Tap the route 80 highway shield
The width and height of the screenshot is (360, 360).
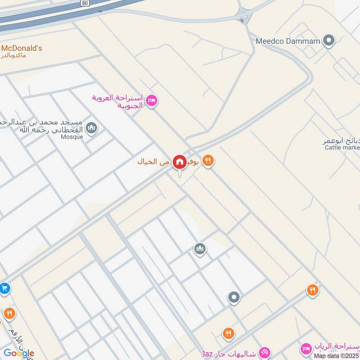pos(85,2)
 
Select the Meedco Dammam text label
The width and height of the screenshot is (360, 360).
pos(288,41)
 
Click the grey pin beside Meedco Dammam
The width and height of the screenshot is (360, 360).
pos(329,41)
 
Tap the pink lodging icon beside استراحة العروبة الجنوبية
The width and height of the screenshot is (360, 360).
pos(152,100)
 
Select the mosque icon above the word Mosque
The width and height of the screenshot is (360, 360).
pos(92,128)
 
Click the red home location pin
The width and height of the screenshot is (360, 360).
pos(180,162)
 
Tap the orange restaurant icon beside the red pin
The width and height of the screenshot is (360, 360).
pos(207,161)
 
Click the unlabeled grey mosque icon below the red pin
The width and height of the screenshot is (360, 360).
pos(200,248)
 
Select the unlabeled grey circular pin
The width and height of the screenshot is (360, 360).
pos(234,297)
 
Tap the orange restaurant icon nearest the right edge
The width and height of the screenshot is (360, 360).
pos(313,290)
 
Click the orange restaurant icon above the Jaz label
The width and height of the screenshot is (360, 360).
pos(229,333)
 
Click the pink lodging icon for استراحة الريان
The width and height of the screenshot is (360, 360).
pos(306,348)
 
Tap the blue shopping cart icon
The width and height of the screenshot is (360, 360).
pos(4,288)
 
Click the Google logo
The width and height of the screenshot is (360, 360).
pos(18,353)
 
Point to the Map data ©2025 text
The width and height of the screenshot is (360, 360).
pos(336,355)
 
